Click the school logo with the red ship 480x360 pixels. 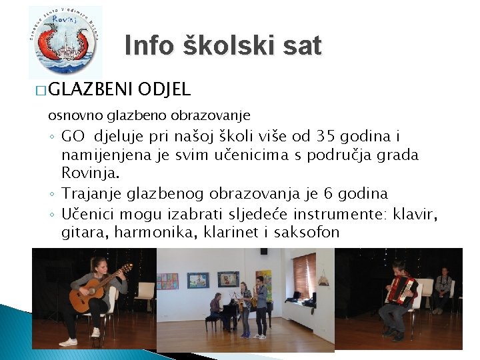[65, 42]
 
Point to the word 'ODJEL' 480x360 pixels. [165, 89]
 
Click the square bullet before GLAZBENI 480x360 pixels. [41, 89]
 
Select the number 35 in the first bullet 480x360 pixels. [324, 137]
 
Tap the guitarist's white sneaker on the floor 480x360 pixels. [68, 341]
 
